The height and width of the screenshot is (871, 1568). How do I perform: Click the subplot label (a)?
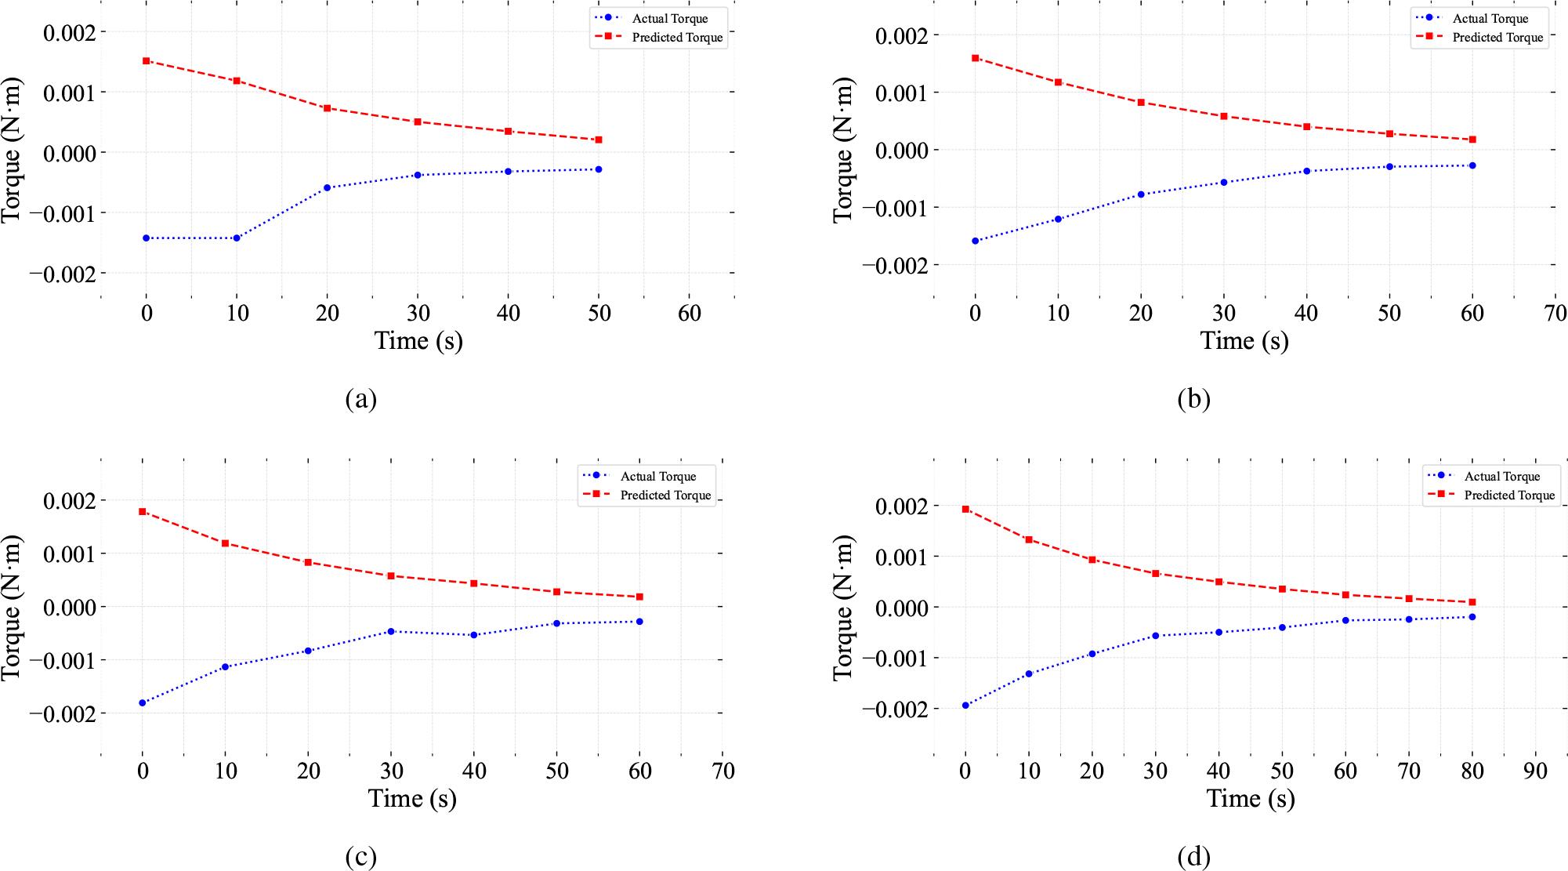coord(361,400)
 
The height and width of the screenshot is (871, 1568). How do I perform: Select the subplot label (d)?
coord(1194,858)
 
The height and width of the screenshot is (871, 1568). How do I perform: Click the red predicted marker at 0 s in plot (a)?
coord(147,60)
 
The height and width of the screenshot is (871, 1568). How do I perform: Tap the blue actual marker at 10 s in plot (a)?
coord(237,238)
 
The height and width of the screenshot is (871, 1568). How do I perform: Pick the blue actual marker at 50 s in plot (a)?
coord(599,169)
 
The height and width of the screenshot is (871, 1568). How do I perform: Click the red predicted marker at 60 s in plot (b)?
coord(1472,140)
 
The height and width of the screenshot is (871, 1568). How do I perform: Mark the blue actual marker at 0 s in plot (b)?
coord(975,241)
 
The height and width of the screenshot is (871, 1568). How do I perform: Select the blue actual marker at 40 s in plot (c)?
coord(474,635)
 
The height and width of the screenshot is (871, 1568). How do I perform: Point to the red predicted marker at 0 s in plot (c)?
coord(143,511)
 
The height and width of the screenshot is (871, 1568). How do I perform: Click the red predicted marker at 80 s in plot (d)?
coord(1472,602)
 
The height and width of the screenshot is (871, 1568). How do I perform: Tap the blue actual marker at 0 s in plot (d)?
coord(965,706)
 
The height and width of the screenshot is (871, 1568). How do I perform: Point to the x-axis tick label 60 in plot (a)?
coord(690,314)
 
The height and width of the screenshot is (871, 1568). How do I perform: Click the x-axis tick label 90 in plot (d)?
coord(1536,771)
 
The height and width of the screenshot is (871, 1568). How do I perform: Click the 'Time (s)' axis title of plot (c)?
coord(412,798)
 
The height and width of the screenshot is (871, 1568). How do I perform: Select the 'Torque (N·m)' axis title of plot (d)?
coord(843,608)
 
